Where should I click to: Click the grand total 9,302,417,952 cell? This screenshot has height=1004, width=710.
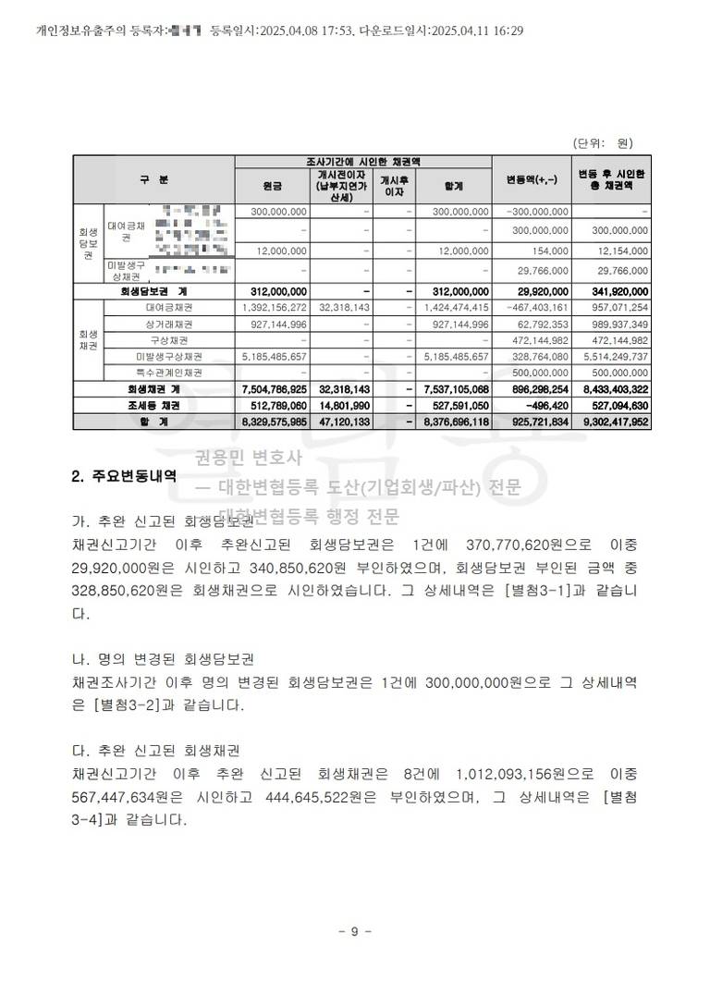pos(612,422)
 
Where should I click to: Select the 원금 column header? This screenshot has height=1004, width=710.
pos(273,185)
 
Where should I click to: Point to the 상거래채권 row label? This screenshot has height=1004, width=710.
pos(169,324)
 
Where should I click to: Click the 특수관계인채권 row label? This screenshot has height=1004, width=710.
pos(169,373)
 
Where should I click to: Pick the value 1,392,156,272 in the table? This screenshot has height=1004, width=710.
pos(274,308)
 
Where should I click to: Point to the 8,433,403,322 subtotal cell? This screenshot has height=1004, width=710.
pos(612,389)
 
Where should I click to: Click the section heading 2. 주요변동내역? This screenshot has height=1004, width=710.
pos(124,477)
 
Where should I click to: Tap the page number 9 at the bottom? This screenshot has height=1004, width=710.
pos(355,931)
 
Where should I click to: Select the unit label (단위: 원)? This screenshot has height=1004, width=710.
pos(603,143)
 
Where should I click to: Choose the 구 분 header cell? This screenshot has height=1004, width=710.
pos(153,178)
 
